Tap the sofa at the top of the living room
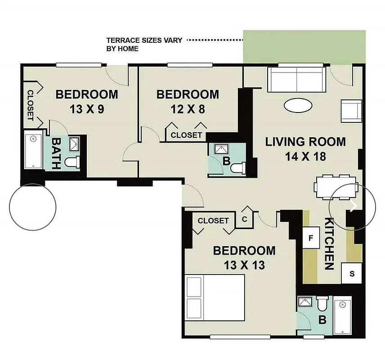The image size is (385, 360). [296, 79]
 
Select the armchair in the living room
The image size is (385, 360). [351, 111]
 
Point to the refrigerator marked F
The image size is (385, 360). [310, 238]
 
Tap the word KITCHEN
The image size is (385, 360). [329, 243]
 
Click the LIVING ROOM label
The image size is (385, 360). [305, 142]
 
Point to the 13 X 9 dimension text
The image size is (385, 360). [87, 109]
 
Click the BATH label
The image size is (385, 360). [56, 153]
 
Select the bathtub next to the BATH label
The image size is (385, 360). [32, 151]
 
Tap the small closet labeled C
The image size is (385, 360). [245, 220]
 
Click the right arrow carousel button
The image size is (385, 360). [353, 206]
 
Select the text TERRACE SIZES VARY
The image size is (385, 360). [144, 40]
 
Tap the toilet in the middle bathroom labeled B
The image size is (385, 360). [237, 168]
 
